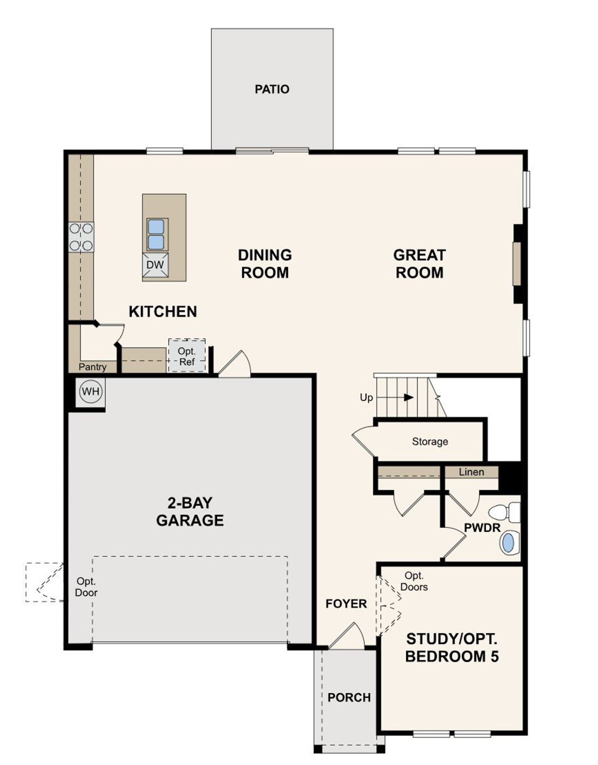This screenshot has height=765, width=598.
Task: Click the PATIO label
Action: pos(272,89)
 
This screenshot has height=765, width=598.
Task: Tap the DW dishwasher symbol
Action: pos(155,265)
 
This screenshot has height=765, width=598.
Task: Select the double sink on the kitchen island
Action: pos(156,234)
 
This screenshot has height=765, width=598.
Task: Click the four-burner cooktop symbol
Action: pos(81,237)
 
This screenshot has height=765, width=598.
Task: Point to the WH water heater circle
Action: pos(91,391)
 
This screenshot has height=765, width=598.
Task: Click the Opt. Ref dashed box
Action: pos(187,356)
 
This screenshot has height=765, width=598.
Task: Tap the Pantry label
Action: pos(93,367)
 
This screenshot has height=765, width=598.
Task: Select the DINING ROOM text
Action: pos(265,264)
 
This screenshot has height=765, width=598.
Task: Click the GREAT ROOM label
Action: pos(419,264)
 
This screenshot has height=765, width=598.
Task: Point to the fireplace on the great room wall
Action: pos(517,263)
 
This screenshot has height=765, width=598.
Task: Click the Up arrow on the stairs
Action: pos(408,397)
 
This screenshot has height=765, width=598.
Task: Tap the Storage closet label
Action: pos(430,441)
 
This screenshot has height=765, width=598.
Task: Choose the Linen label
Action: pos(471,472)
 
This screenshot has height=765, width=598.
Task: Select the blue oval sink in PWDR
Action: pos(507,543)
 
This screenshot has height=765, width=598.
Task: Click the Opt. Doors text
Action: pos(414,581)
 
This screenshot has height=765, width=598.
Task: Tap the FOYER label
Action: pos(346,604)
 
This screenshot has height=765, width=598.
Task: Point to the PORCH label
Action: pos(349,697)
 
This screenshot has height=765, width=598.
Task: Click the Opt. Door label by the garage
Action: pos(86,587)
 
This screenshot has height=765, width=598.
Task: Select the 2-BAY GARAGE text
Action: pos(190,511)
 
